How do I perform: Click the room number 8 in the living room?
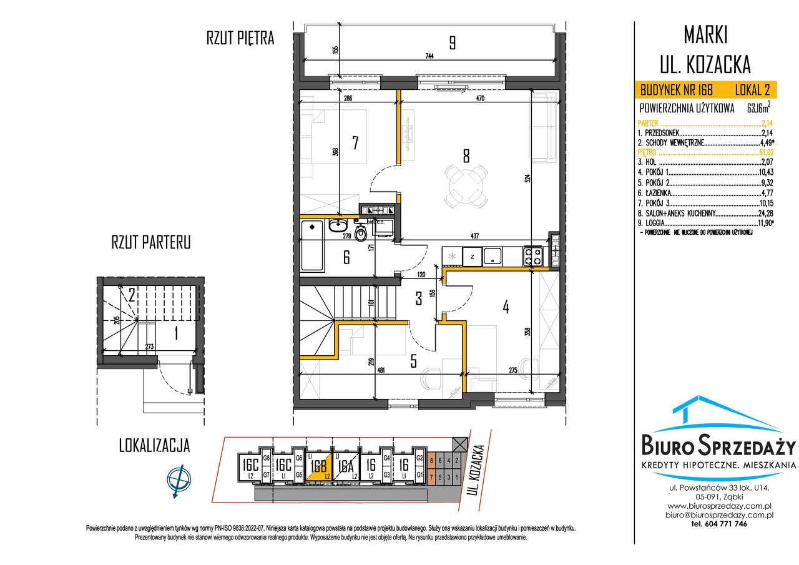pyautogui.click(x=466, y=155)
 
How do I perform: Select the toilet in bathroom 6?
pyautogui.click(x=360, y=233)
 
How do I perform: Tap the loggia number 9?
pyautogui.click(x=451, y=43)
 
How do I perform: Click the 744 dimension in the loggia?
pyautogui.click(x=429, y=56)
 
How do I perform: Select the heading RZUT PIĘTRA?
pyautogui.click(x=240, y=39)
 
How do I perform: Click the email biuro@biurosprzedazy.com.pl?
pyautogui.click(x=721, y=515)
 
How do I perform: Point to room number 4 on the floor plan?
pyautogui.click(x=506, y=307)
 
